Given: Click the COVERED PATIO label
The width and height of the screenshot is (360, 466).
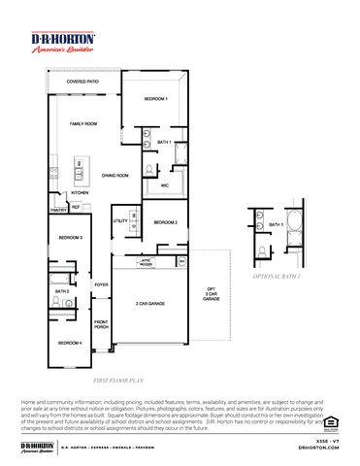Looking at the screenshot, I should pyautogui.click(x=82, y=83).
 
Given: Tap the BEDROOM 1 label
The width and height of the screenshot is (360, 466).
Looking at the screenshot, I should pyautogui.click(x=156, y=99).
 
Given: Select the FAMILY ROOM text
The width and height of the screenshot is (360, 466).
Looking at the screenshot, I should pyautogui.click(x=82, y=124).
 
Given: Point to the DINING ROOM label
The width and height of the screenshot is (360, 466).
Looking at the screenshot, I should pyautogui.click(x=115, y=176).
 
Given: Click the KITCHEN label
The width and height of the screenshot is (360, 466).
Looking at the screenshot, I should pyautogui.click(x=80, y=192).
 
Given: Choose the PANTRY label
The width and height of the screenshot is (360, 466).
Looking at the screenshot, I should pyautogui.click(x=58, y=209).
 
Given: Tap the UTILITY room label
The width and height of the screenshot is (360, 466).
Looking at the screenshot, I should pyautogui.click(x=120, y=221).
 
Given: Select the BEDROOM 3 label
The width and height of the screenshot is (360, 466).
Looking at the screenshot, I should pyautogui.click(x=69, y=237).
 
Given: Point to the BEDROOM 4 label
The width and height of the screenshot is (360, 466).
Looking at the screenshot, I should pyautogui.click(x=68, y=343).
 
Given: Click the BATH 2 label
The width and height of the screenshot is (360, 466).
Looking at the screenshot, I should pyautogui.click(x=61, y=291).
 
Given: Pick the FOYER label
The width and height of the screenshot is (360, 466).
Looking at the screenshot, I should pyautogui.click(x=101, y=284).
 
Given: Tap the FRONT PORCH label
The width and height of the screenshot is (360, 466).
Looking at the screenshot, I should pyautogui.click(x=101, y=324).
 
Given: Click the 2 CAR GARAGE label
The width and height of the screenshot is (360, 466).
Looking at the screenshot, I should pyautogui.click(x=149, y=304).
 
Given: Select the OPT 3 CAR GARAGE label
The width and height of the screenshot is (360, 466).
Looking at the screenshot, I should pyautogui.click(x=211, y=294).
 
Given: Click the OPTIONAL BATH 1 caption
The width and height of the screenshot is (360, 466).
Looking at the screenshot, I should pyautogui.click(x=277, y=277).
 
